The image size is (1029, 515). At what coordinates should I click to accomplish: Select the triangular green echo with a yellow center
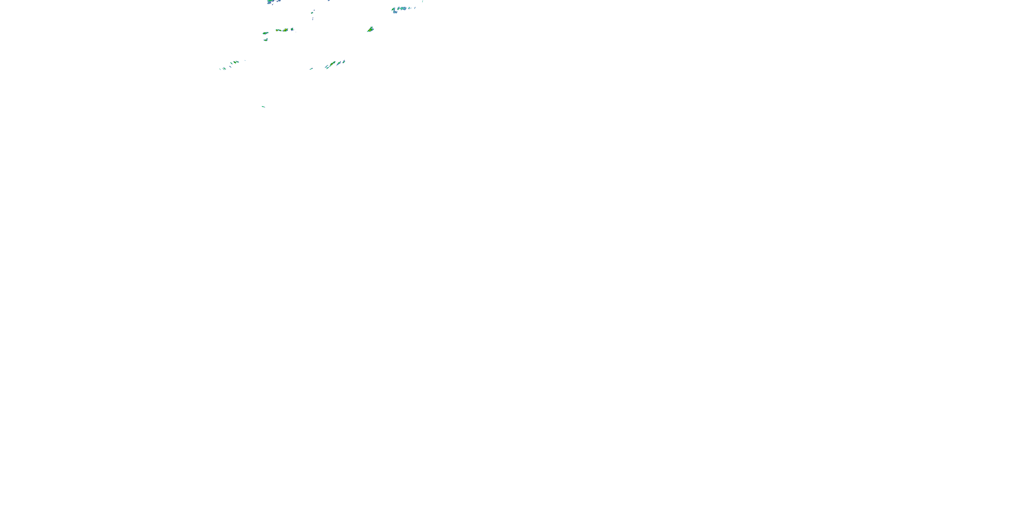370,29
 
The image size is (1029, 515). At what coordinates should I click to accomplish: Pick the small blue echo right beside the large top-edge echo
279,1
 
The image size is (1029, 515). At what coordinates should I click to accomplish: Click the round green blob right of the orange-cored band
292,29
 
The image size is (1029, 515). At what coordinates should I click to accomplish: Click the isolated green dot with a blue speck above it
312,12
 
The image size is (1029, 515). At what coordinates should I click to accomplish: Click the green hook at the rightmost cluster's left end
393,9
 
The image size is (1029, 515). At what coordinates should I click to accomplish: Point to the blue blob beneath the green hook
395,12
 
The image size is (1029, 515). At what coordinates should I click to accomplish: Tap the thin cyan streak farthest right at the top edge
423,1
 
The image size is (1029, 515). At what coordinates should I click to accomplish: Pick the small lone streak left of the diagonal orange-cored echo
311,69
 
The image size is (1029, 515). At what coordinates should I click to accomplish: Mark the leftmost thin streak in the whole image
220,69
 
